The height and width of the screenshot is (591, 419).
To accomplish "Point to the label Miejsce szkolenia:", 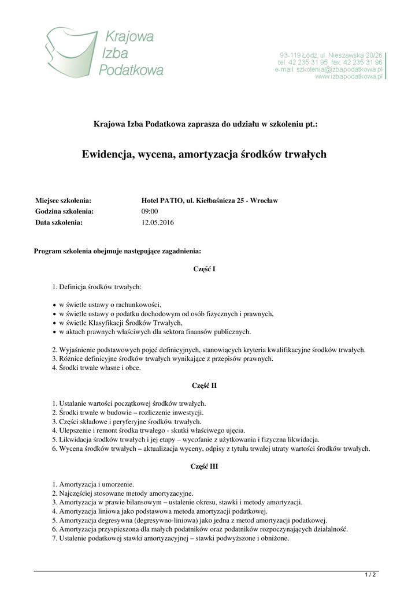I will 64,201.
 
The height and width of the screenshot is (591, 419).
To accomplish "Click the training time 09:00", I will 150,211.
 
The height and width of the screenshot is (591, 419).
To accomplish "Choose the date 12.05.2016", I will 157,222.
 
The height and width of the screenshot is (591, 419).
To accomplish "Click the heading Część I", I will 205,268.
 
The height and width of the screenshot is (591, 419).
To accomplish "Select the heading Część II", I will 205,386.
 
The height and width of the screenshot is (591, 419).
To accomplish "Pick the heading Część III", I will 205,466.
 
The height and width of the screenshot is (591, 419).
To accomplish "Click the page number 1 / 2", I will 370,574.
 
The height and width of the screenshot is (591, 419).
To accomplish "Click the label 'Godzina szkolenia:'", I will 65,211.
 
